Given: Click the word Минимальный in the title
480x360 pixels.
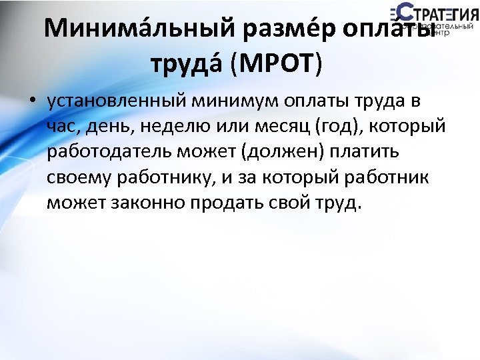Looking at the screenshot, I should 138,29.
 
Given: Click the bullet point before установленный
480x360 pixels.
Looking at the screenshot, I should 31,103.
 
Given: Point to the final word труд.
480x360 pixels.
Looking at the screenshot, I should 336,203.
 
